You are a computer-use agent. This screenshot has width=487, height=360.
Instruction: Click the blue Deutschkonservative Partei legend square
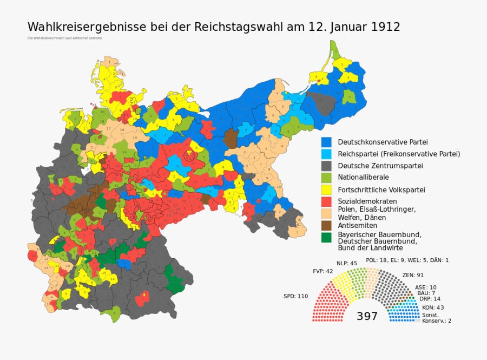point(326,142)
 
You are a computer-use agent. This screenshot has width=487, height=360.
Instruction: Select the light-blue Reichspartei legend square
point(326,154)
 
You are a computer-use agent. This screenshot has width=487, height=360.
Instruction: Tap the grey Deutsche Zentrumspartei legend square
point(326,166)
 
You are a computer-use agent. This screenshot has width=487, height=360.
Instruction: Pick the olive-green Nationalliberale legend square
point(326,178)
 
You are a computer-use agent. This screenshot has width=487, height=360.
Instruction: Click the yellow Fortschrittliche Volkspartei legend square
point(326,189)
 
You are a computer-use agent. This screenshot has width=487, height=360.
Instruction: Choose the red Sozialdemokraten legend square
point(326,201)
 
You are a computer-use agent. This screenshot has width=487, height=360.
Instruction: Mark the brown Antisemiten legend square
point(326,225)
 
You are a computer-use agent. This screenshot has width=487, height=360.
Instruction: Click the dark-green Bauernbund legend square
point(326,237)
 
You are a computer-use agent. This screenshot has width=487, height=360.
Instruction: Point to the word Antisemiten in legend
point(358,225)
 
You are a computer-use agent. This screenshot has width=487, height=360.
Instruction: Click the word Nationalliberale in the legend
point(363,177)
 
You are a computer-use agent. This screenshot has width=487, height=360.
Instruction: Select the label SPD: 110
point(295,296)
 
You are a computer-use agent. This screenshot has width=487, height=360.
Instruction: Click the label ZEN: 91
point(413,275)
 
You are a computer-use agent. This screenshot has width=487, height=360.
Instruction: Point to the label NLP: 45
point(347,263)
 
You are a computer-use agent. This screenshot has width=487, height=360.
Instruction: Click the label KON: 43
point(433,307)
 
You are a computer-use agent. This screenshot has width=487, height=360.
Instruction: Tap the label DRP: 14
point(430,299)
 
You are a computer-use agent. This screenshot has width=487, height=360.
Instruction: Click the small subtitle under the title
point(64,38)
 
